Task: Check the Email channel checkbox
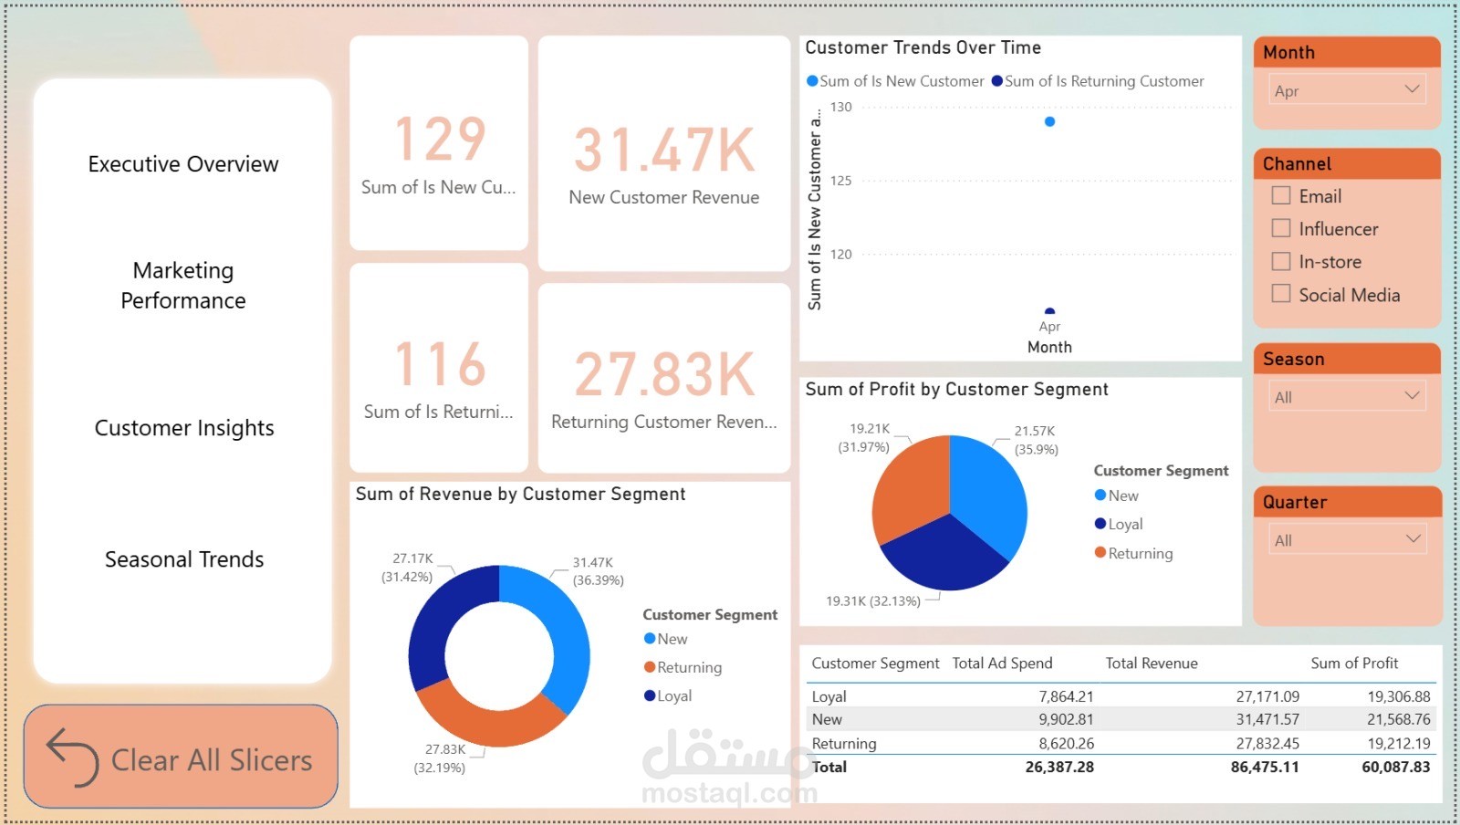coord(1281,195)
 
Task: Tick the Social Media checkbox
coord(1281,294)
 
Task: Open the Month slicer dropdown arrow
coord(1412,89)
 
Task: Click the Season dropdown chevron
coord(1412,396)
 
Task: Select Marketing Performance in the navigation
coord(183,285)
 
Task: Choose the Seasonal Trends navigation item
coord(184,559)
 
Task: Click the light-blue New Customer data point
coord(1049,121)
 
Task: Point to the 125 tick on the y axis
coord(840,181)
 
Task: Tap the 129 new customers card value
coord(440,140)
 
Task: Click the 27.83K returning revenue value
coord(664,375)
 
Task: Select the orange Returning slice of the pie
coord(908,488)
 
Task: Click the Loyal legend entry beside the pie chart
coord(1124,524)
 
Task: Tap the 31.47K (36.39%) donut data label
coord(598,571)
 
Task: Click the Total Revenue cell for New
coord(1267,719)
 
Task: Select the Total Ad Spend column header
coord(1002,663)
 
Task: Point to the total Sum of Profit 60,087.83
coord(1395,767)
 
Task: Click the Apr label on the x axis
coord(1049,327)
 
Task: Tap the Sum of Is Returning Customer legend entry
coord(1103,81)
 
